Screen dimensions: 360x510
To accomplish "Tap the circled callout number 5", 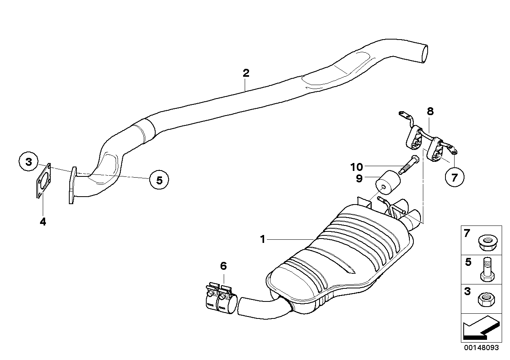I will click(x=159, y=180).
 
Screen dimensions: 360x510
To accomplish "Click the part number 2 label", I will click(x=246, y=73).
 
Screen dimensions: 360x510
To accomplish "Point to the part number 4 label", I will click(x=43, y=222).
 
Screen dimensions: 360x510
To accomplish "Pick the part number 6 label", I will click(x=223, y=266).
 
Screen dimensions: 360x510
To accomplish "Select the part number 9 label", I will click(x=359, y=178).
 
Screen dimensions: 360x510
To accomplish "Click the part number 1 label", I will click(x=262, y=239).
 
